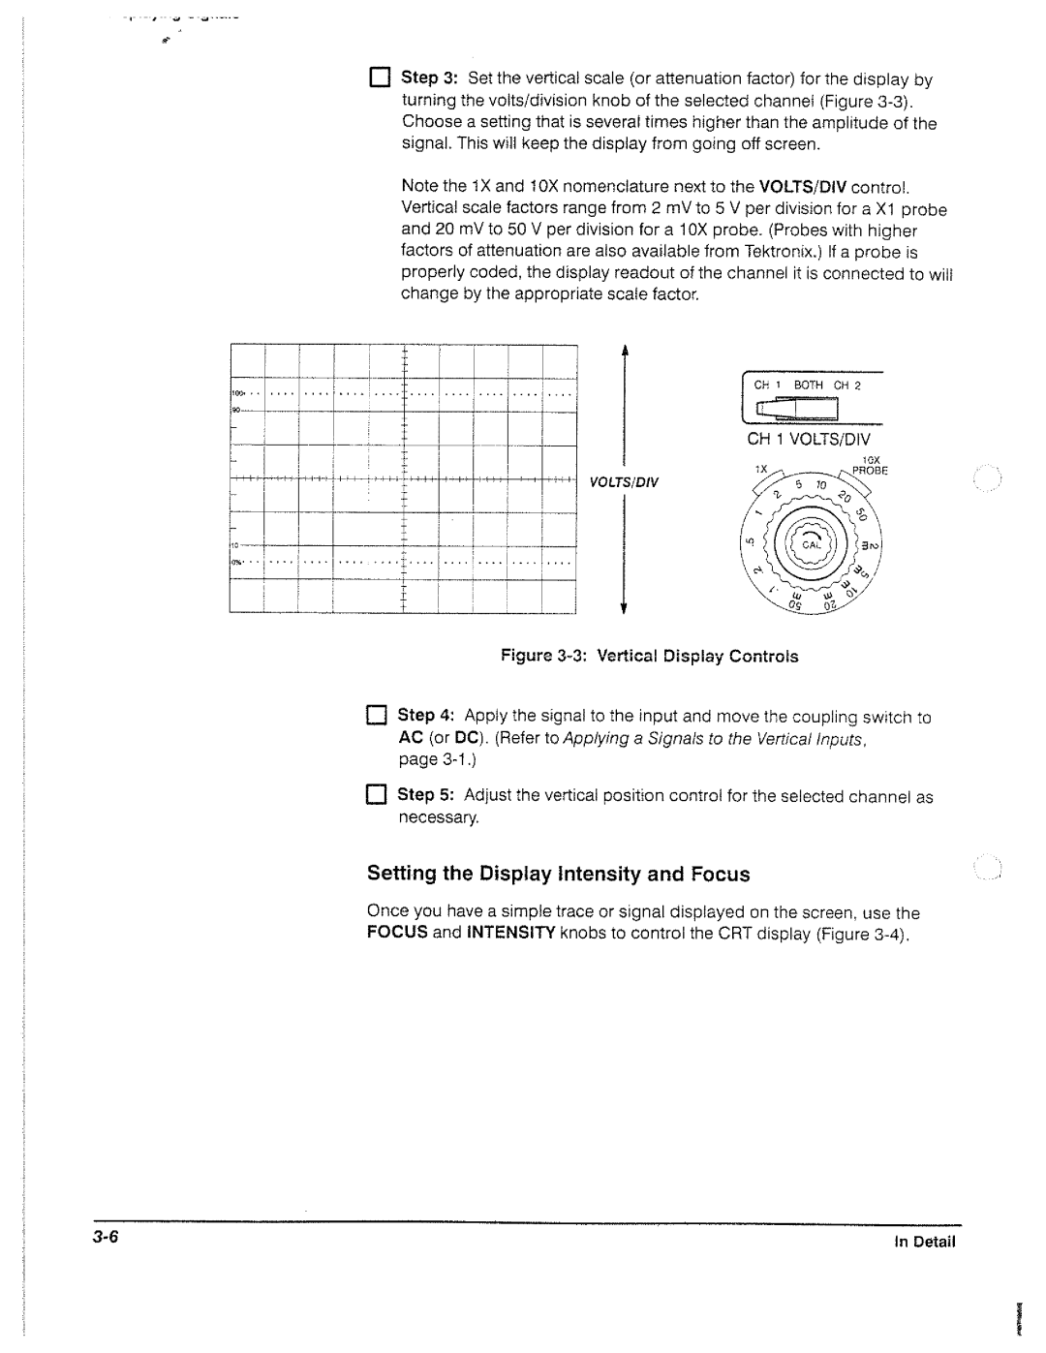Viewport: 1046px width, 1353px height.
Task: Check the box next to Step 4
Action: tap(376, 716)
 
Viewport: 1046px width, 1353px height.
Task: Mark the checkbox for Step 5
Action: tap(376, 795)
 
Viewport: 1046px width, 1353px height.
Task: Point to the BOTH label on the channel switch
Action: tap(809, 385)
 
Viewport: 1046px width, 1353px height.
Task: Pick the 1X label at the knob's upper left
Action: tap(761, 469)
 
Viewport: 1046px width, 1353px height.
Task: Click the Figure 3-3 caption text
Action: tap(649, 657)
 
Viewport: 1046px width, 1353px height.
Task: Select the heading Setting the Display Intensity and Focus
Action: tap(558, 875)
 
